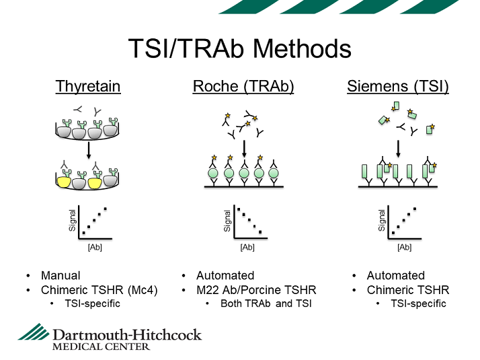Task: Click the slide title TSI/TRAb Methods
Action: (x=240, y=48)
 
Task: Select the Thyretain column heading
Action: (x=88, y=86)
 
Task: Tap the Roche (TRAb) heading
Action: (x=243, y=86)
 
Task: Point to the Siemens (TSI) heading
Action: (x=398, y=86)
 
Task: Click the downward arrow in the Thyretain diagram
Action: (x=89, y=150)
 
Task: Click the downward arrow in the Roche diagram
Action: (x=244, y=149)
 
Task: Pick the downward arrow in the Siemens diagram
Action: (x=398, y=149)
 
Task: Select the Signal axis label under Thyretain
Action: (x=72, y=220)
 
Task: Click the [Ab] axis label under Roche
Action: (x=247, y=247)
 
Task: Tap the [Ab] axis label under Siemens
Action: (x=405, y=247)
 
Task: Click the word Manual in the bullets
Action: (x=61, y=275)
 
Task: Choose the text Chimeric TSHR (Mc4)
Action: (x=99, y=290)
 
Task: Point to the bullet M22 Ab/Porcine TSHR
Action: (x=256, y=290)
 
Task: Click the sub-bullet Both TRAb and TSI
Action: (x=266, y=303)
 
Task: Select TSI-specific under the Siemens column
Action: (x=418, y=303)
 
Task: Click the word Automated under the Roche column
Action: (x=225, y=275)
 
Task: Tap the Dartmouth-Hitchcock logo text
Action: (x=127, y=335)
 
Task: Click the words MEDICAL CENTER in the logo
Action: (x=101, y=347)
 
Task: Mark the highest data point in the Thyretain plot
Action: (x=106, y=209)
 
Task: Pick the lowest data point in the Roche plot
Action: (x=260, y=232)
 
